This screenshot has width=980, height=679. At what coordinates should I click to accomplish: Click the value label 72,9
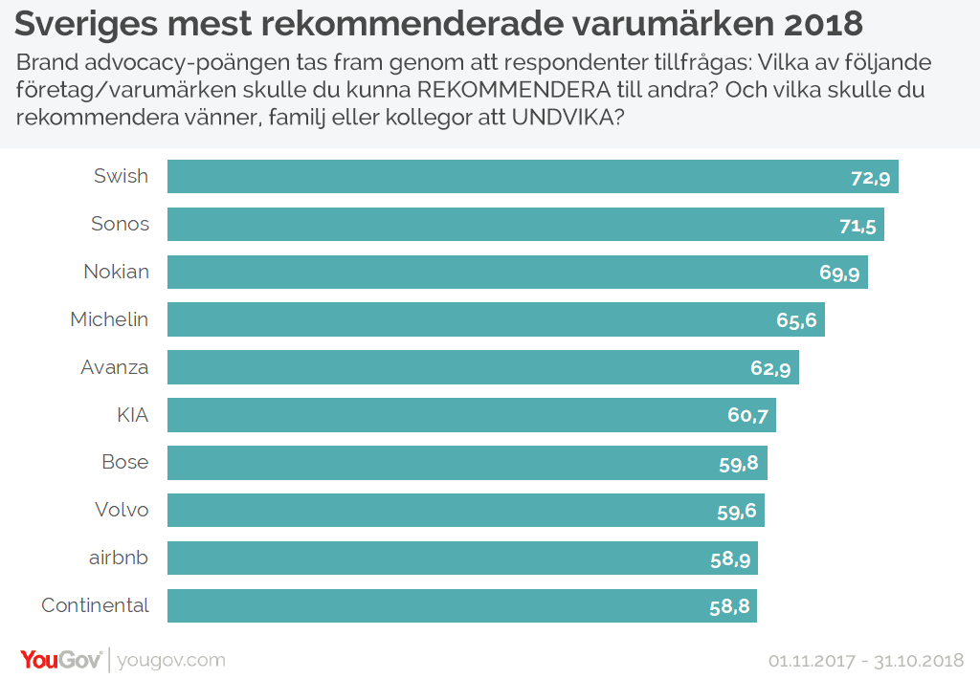pyautogui.click(x=871, y=178)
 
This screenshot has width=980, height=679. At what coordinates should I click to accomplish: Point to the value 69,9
pyautogui.click(x=839, y=274)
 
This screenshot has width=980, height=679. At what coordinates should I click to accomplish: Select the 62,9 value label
pyautogui.click(x=770, y=368)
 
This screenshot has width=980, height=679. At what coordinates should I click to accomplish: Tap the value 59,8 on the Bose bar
pyautogui.click(x=739, y=464)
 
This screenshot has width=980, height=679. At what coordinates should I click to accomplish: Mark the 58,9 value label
pyautogui.click(x=730, y=559)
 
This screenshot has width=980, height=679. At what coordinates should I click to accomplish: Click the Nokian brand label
pyautogui.click(x=116, y=272)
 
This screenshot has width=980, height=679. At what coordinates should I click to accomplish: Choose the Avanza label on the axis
pyautogui.click(x=115, y=367)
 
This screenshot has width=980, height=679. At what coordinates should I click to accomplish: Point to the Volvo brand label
pyautogui.click(x=122, y=510)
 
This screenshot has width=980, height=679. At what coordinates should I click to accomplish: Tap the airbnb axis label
pyautogui.click(x=118, y=558)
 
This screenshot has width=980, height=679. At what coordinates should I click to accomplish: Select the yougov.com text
pyautogui.click(x=172, y=660)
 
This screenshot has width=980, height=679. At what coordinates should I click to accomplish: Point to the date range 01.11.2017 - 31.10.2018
pyautogui.click(x=865, y=661)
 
